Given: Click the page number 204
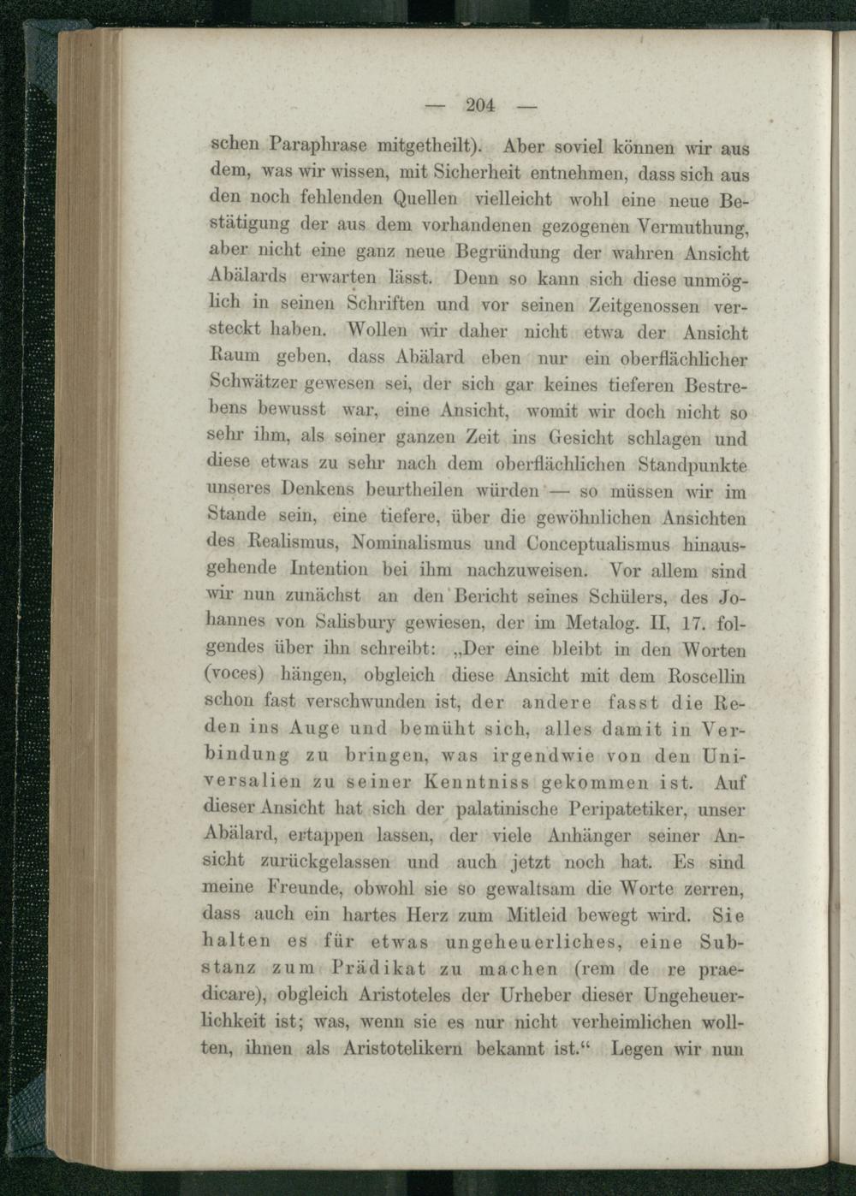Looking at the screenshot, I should pos(481,106).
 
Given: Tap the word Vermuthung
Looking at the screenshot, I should pos(694,227).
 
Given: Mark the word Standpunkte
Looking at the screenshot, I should pos(693,465).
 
